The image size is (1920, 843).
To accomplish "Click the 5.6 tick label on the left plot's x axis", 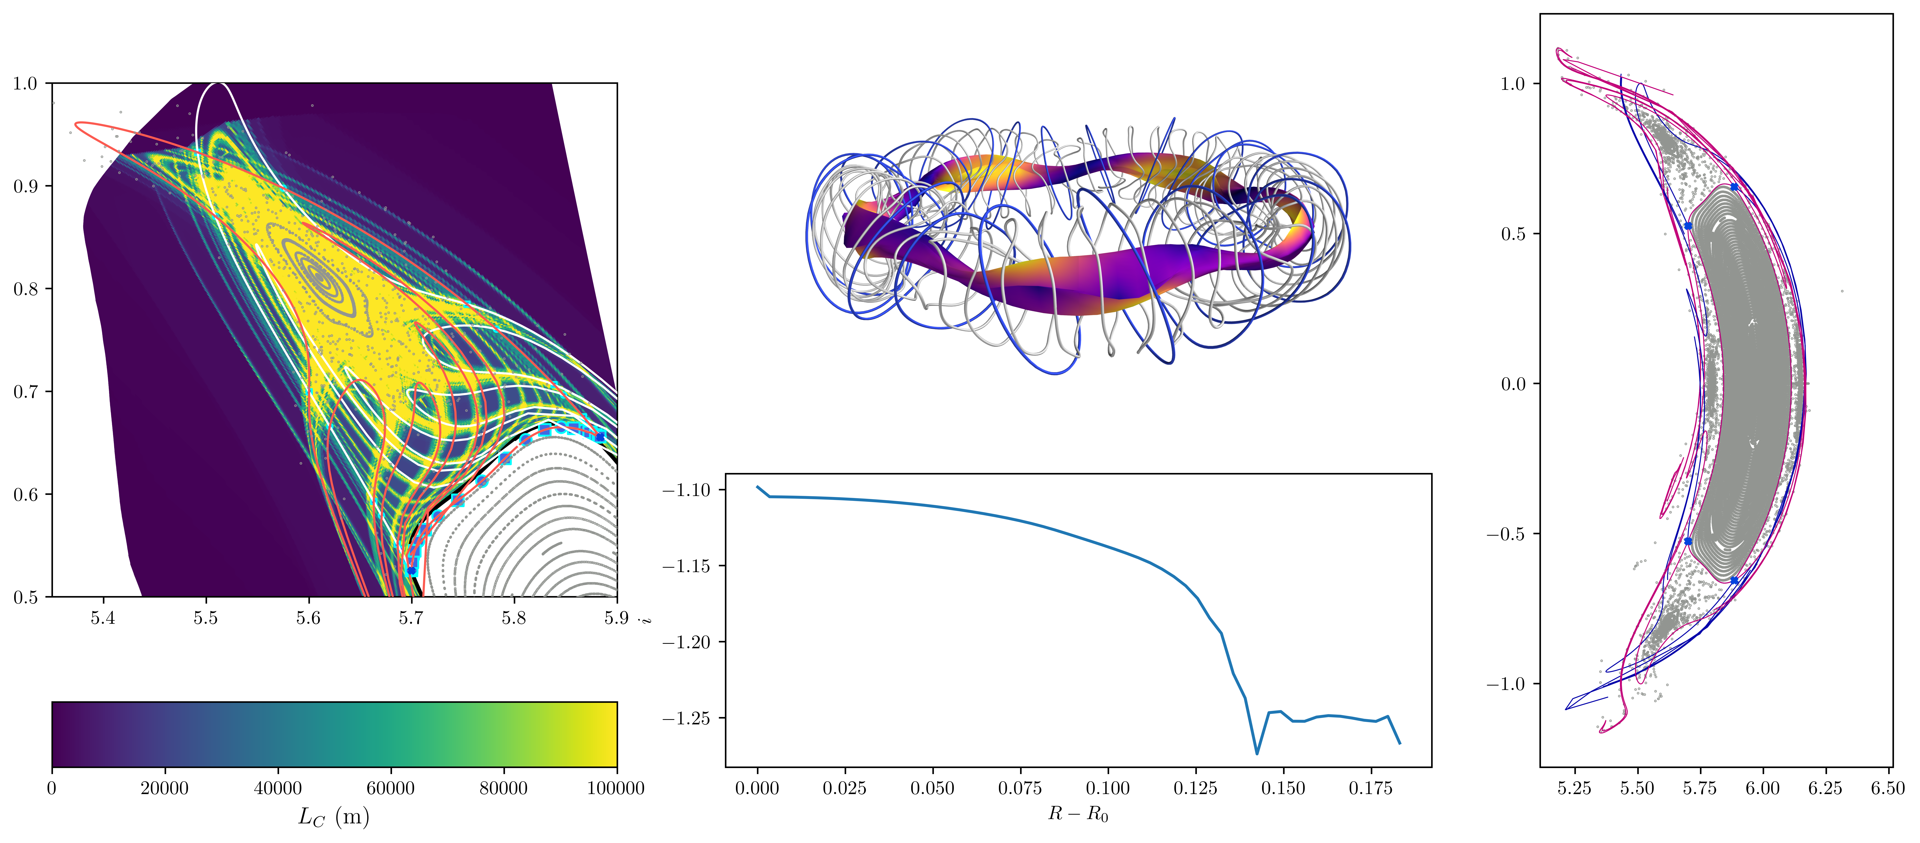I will point(308,618).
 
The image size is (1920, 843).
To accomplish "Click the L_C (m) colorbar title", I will point(334,818).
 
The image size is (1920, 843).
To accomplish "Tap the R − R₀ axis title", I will point(1078,813).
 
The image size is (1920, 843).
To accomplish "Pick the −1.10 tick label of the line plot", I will point(686,490).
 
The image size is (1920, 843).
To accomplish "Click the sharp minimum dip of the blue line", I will point(1257,753).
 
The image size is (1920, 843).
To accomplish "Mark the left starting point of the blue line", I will point(757,487).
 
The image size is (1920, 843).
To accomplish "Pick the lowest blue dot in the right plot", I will point(1734,580).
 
